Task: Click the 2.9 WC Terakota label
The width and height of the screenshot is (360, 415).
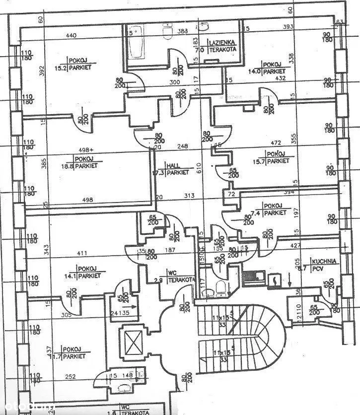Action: pyautogui.click(x=170, y=277)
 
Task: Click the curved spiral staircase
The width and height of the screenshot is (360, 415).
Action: pyautogui.click(x=263, y=328)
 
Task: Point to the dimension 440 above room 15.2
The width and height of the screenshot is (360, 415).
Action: pyautogui.click(x=72, y=35)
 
